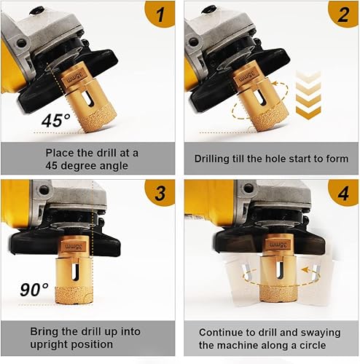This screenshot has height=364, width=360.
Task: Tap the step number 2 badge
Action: pyautogui.click(x=344, y=13)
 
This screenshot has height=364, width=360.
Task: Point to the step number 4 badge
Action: pyautogui.click(x=344, y=192)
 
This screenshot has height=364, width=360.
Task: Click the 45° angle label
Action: pyautogui.click(x=56, y=121)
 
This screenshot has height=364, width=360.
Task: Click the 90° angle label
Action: pyautogui.click(x=34, y=290)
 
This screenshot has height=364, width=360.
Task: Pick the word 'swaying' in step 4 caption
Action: pyautogui.click(x=321, y=333)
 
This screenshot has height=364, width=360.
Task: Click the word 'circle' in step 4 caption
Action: pyautogui.click(x=313, y=345)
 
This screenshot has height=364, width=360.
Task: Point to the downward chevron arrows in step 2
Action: pyautogui.click(x=308, y=95)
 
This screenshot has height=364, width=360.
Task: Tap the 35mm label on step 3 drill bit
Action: pyautogui.click(x=73, y=247)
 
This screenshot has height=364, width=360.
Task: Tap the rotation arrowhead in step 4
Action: pyautogui.click(x=305, y=269)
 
